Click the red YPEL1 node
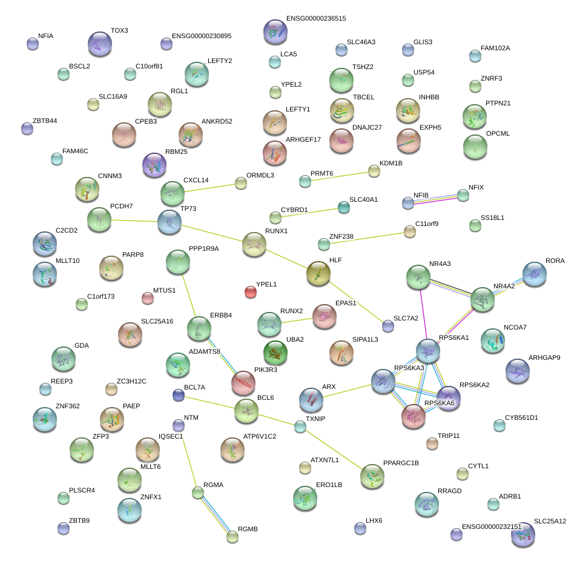point(250,292)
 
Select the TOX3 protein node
point(99,43)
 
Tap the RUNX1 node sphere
point(254,244)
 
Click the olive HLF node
point(318,273)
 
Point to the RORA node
point(535,274)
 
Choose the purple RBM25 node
point(154,165)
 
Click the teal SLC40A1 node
point(344,207)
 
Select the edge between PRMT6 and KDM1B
point(340,176)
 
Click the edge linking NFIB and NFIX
point(436,199)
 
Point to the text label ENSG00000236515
point(316,19)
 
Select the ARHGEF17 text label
point(303,139)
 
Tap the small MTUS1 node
point(147,297)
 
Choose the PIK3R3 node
point(243,383)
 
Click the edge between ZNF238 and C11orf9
point(367,237)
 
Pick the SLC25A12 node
point(523,534)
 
